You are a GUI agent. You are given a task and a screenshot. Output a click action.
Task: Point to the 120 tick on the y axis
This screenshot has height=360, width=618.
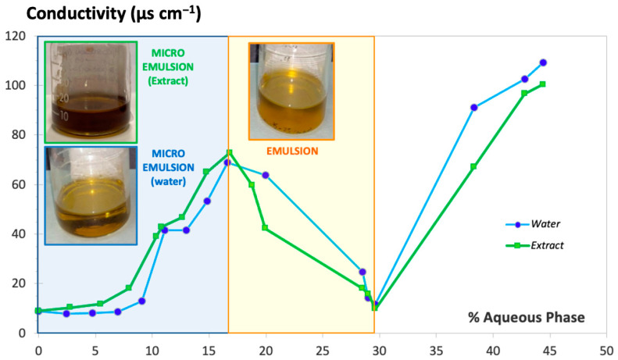click(16, 36)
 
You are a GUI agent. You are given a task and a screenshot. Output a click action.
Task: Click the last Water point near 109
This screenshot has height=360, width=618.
click(543, 62)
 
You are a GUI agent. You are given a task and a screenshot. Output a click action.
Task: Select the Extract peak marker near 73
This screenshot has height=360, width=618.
click(229, 152)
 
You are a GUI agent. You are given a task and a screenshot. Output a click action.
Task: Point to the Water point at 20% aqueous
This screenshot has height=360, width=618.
click(266, 175)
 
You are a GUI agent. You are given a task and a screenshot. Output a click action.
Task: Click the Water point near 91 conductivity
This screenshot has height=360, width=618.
click(473, 107)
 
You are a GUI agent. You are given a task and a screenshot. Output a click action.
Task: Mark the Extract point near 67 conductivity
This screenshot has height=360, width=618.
click(473, 166)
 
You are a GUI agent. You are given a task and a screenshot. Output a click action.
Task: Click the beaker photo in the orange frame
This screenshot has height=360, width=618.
click(291, 91)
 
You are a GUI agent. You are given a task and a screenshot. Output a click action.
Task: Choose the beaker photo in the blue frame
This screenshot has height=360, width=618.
click(91, 195)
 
